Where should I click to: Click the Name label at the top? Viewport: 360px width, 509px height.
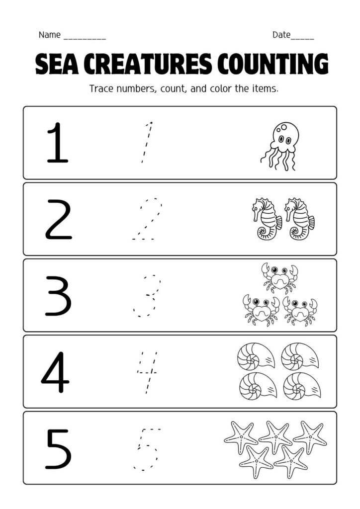(x=49, y=35)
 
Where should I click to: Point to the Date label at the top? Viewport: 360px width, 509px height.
(x=281, y=35)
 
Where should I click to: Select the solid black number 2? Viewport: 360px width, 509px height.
(x=58, y=219)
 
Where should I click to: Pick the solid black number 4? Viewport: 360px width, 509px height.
(x=55, y=371)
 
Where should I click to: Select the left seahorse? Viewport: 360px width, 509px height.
(x=266, y=219)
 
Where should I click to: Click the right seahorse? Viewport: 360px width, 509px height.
(x=298, y=219)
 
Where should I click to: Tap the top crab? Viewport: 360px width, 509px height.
(x=279, y=277)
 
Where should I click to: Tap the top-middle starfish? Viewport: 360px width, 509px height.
(x=275, y=436)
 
